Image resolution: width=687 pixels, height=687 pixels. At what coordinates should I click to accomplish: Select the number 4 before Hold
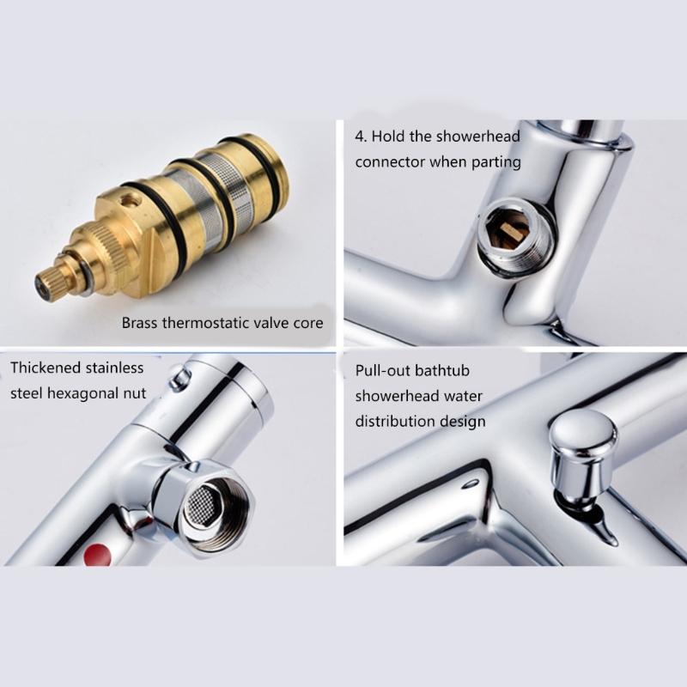pyautogui.click(x=361, y=137)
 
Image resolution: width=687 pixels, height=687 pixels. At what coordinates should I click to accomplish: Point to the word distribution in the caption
pyautogui.click(x=397, y=421)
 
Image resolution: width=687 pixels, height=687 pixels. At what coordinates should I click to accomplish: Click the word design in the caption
pyautogui.click(x=465, y=421)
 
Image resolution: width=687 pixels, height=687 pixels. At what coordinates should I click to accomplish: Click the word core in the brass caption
pyautogui.click(x=307, y=323)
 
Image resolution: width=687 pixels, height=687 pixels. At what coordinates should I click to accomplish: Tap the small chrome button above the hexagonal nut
pyautogui.click(x=179, y=378)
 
